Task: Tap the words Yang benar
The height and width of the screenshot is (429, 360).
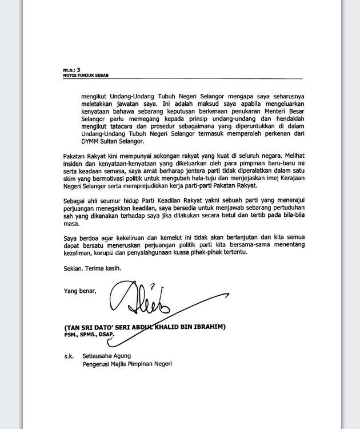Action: point(80,291)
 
